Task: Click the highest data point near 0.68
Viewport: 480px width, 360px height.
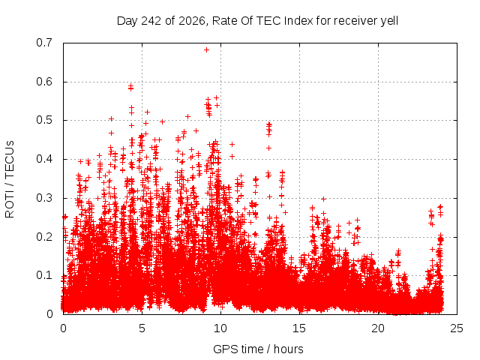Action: coord(207,50)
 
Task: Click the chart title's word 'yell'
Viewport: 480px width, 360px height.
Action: coord(389,21)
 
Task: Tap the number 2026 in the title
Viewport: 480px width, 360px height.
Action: coord(192,21)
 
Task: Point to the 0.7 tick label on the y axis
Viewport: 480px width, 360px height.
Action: coord(44,43)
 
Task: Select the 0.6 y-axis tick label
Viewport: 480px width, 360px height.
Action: coord(44,82)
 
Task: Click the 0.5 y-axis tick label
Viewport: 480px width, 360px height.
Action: coord(44,120)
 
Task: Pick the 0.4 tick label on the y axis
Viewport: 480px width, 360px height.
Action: coord(44,159)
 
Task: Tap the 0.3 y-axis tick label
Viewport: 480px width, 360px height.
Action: coord(44,198)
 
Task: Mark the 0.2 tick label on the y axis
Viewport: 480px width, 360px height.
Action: coord(44,237)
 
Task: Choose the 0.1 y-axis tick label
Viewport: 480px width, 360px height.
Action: coord(44,275)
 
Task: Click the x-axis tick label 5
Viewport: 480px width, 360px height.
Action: coord(142,328)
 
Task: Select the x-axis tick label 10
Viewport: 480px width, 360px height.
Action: coord(220,328)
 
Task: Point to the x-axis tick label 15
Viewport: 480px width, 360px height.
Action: coord(299,328)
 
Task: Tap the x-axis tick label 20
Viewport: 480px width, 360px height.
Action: coord(378,328)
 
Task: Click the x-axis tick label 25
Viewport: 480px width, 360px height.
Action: coord(457,328)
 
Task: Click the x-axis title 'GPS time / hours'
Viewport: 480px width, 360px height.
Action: coord(258,349)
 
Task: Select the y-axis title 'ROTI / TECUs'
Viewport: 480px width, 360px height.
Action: coord(10,179)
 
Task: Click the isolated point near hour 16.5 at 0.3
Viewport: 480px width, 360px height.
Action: coord(323,199)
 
